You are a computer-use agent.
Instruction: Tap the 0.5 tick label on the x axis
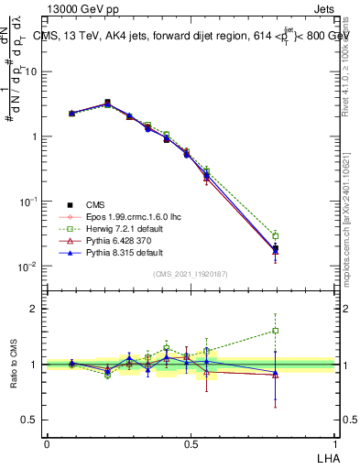coord(190,443)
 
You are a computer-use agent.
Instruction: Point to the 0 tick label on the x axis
coord(47,443)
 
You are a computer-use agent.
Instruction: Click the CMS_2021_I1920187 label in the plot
coord(190,275)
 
